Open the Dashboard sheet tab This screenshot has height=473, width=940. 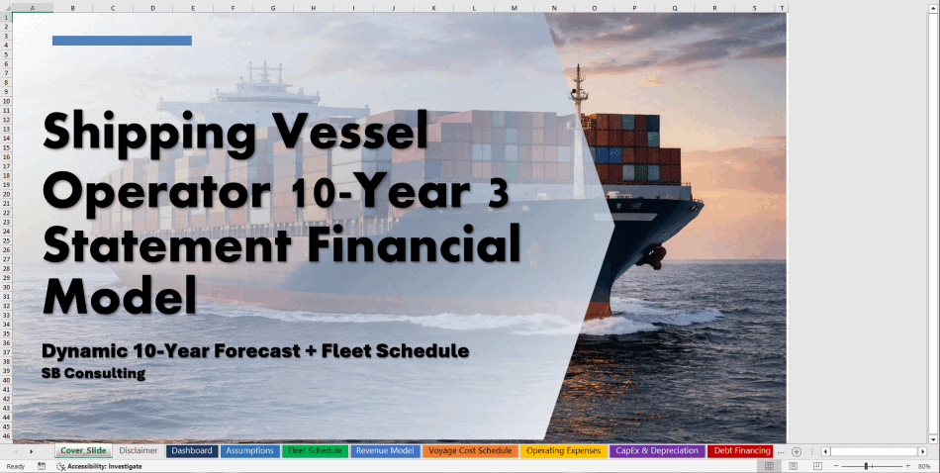192,451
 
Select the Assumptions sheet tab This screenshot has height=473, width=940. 250,451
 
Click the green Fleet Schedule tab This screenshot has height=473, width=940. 315,451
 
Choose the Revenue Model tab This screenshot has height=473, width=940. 385,451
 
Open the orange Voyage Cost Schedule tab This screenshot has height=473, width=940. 470,451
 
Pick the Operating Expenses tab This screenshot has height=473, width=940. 563,451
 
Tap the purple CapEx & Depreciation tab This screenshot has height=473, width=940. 657,451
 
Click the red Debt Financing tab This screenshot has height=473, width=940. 742,451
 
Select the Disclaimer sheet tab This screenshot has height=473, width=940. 138,451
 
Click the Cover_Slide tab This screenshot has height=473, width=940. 83,451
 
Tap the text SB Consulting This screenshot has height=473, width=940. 94,373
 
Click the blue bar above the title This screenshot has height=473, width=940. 122,41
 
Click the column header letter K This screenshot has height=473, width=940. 433,8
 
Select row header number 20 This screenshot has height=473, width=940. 6,194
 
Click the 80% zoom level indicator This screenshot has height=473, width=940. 924,466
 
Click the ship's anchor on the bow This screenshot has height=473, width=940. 652,256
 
